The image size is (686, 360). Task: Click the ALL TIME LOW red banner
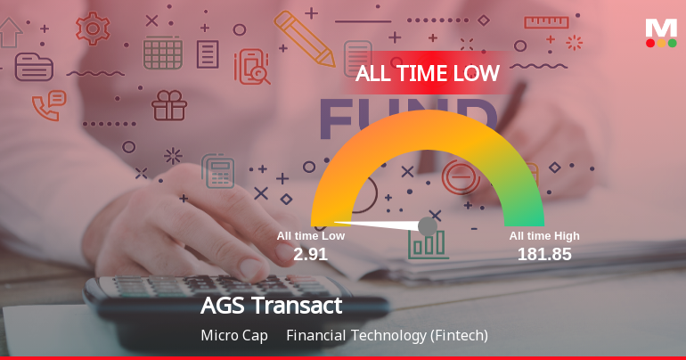[427, 74]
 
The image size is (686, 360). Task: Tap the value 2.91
[310, 254]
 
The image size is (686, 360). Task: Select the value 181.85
[544, 254]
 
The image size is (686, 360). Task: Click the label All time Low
[310, 236]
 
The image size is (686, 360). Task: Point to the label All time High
[544, 236]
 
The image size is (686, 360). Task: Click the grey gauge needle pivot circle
[428, 225]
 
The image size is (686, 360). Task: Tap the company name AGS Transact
[272, 306]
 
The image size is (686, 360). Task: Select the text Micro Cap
[234, 336]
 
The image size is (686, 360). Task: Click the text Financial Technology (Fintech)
[388, 336]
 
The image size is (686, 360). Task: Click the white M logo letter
[661, 28]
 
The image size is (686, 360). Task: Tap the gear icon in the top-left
[93, 28]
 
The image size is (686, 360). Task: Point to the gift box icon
[168, 105]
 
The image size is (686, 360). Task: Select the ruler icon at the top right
[546, 21]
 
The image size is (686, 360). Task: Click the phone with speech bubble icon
[48, 104]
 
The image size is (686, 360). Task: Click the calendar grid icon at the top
[163, 53]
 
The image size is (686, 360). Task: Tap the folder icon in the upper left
[34, 67]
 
